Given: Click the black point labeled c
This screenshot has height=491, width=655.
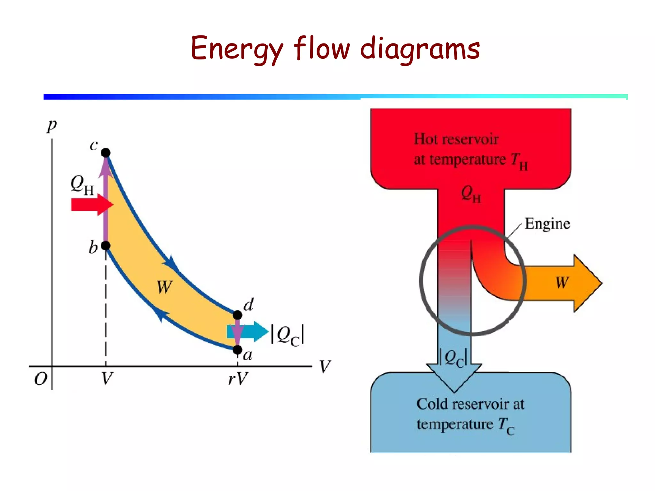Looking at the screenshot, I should tap(106, 152).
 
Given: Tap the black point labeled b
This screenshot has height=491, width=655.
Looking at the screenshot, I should tap(106, 245).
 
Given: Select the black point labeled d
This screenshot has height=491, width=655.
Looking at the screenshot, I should tap(237, 315).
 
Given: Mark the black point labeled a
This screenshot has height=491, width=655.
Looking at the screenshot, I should tap(237, 350).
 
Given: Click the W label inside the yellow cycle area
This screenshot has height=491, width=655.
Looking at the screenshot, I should tap(165, 287).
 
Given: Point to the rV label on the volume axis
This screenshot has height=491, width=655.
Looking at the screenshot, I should tap(238, 379).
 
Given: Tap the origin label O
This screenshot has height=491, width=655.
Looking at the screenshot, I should tap(41, 379).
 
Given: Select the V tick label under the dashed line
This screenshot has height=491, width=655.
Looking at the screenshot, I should tap(107, 379).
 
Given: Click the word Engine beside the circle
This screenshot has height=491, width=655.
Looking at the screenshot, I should tap(547, 223).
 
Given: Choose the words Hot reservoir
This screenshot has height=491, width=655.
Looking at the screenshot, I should tap(456, 139).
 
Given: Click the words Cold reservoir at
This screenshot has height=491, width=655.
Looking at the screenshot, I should tap(470, 404).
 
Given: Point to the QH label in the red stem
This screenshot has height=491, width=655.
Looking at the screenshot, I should tap(471, 194).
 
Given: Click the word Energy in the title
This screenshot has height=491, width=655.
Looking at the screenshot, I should tap(237, 49).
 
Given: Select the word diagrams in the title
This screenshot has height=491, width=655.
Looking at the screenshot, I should tap(420, 49).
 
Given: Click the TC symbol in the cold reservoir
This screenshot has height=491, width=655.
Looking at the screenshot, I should tap(506, 426).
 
